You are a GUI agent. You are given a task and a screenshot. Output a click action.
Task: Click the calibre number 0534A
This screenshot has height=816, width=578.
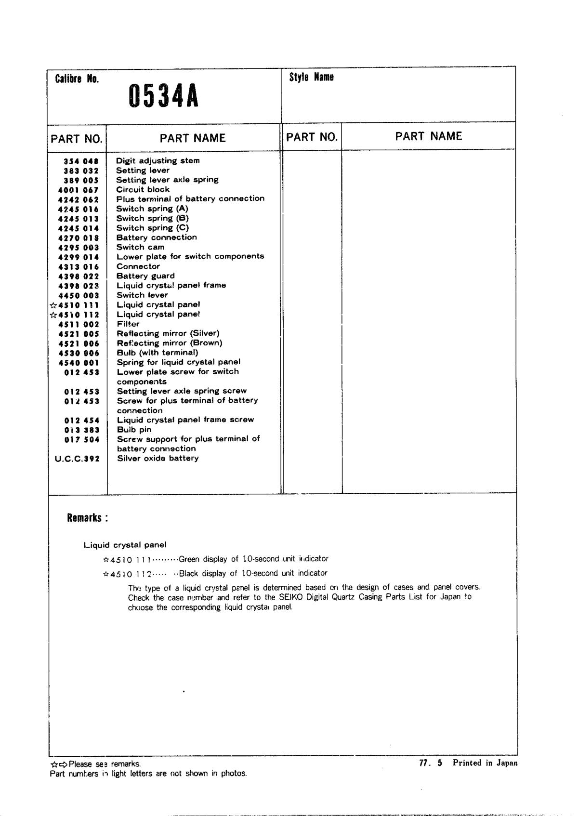[x=163, y=96]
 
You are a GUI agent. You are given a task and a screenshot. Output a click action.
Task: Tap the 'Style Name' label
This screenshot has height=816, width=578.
[x=311, y=77]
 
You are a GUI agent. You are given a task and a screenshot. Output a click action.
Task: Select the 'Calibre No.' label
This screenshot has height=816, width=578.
[x=77, y=79]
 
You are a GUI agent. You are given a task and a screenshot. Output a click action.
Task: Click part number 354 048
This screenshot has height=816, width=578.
[x=81, y=161]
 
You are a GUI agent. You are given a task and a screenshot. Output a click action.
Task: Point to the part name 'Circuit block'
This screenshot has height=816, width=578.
[x=143, y=189]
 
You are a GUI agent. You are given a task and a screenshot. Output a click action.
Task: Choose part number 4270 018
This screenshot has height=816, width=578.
[x=78, y=238]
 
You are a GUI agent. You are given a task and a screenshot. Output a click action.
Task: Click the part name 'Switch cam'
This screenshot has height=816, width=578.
[x=140, y=247]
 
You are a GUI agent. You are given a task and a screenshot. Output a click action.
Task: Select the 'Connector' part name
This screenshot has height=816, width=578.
[x=138, y=266]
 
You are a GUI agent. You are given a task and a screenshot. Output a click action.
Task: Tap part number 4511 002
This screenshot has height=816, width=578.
[x=78, y=325]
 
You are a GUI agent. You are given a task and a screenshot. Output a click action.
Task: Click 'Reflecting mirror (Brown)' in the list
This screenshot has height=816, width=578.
[x=170, y=343]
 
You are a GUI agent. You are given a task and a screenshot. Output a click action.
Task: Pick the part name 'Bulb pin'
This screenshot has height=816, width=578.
[x=134, y=430]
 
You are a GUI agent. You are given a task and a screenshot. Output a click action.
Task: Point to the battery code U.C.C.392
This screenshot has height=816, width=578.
[x=77, y=459]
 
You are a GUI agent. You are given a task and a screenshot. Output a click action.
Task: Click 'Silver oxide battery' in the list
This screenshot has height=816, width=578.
[x=158, y=458]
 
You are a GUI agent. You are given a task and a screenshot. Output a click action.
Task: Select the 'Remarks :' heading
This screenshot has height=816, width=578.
[x=88, y=518]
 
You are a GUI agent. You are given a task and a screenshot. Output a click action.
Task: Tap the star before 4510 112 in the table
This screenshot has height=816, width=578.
[x=53, y=315]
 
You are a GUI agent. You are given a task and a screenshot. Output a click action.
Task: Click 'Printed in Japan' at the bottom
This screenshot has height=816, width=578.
[x=485, y=763]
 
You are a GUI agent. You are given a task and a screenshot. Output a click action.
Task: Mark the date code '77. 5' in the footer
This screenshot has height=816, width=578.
[x=431, y=763]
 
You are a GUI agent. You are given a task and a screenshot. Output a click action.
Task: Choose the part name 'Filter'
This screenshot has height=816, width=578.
[x=128, y=324]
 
